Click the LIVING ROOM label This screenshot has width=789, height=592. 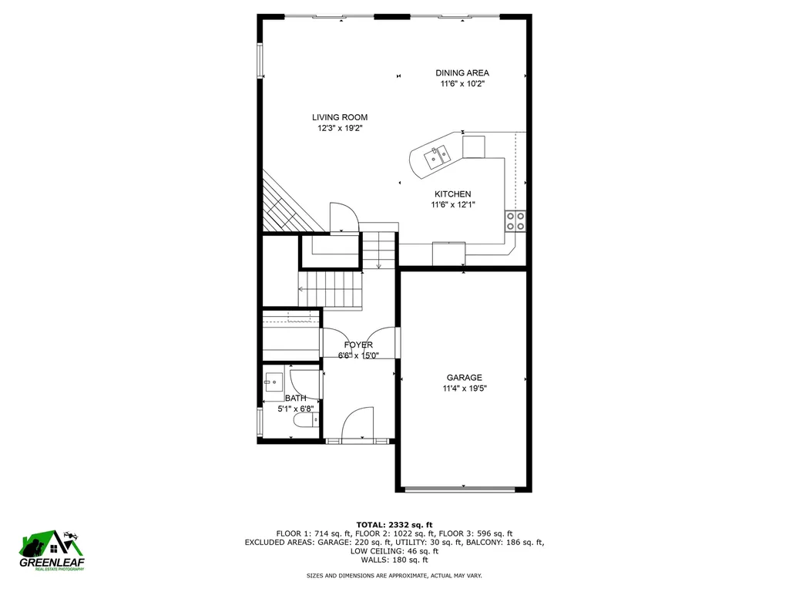pos(339,118)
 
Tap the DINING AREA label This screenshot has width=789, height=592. pos(462,73)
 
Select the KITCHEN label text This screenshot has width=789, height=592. pos(452,194)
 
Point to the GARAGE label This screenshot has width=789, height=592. pos(464,378)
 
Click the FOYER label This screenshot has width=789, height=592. pos(358,345)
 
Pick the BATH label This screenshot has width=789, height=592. pos(295,398)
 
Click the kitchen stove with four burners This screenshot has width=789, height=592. pos(515,221)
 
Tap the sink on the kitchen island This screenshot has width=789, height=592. pos(437,156)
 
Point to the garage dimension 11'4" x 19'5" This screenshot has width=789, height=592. pos(464,388)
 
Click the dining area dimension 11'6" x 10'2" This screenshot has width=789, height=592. pos(462,84)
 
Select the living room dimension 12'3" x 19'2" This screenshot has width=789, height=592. pos(339,129)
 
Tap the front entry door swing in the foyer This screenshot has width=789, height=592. pos(358,425)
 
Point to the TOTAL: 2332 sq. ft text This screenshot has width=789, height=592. pos(394,524)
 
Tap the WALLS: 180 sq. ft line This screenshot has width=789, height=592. pos(394,560)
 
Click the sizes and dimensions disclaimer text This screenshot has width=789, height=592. pos(394,576)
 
